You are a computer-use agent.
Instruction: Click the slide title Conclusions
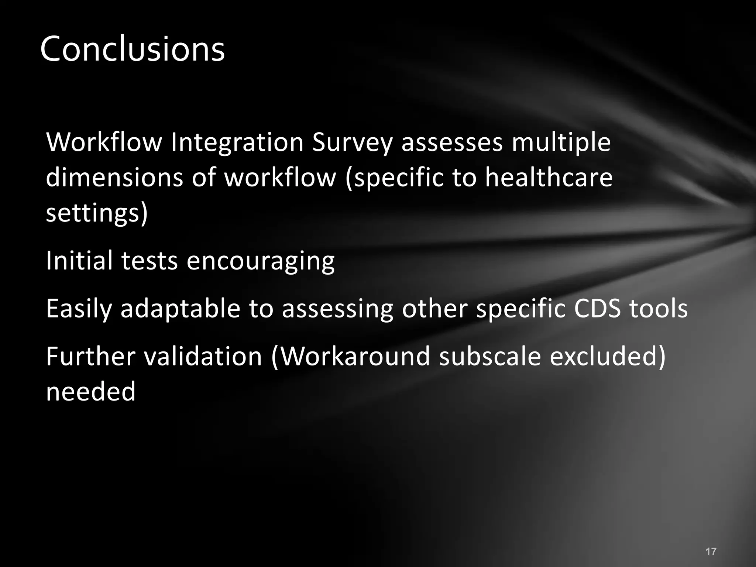(132, 49)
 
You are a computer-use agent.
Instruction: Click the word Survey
(352, 142)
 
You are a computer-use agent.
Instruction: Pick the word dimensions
(114, 178)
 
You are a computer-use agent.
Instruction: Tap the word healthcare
(549, 178)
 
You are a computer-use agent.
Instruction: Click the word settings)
(97, 213)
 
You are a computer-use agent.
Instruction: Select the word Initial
(80, 261)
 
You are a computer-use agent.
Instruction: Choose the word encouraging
(261, 261)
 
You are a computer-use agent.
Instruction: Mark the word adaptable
(181, 309)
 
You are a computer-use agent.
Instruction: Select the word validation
(203, 356)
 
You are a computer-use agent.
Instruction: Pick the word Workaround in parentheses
(351, 356)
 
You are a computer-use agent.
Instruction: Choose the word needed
(91, 392)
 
